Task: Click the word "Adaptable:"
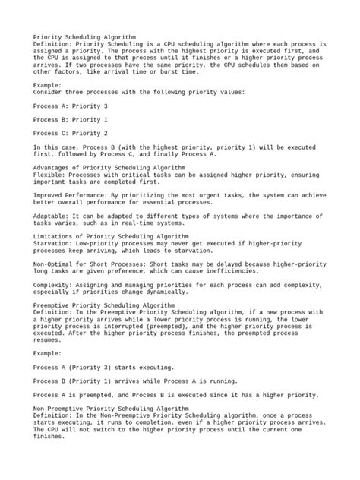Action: pos(51,215)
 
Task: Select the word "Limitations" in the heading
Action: pos(53,235)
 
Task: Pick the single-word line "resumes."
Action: pos(48,339)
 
